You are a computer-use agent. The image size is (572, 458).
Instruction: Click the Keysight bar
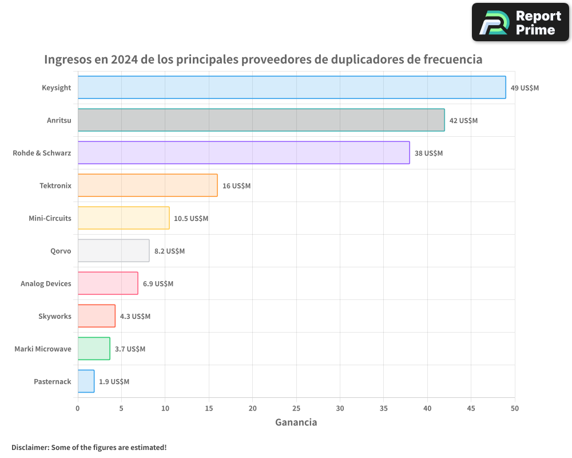292,88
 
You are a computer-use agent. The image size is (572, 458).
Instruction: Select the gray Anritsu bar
261,120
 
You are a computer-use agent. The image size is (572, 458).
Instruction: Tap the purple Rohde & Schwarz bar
244,153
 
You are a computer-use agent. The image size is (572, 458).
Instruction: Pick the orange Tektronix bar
148,185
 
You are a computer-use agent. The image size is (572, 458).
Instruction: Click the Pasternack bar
86,381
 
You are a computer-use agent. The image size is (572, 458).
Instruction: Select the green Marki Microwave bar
94,349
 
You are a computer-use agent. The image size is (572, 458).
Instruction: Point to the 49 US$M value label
525,88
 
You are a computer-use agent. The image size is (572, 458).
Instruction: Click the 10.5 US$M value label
191,219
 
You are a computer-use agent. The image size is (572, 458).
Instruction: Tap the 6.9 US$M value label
158,284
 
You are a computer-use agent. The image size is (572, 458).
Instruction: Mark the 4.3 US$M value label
135,317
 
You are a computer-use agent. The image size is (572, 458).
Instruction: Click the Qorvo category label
61,251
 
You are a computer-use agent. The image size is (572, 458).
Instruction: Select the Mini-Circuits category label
50,218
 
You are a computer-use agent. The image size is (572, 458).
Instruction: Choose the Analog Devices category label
46,283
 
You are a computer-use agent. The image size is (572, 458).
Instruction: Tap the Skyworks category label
55,316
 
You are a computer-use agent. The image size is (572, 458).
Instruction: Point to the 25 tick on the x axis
296,408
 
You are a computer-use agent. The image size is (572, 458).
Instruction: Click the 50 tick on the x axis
515,408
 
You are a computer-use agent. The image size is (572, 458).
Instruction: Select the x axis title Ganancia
296,423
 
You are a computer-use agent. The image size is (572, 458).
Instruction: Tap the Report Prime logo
520,22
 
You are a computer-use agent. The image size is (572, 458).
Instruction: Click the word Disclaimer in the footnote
30,447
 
